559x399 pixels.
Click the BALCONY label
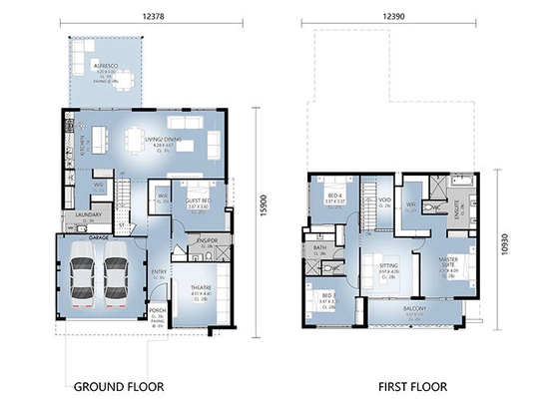tap(415, 309)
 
